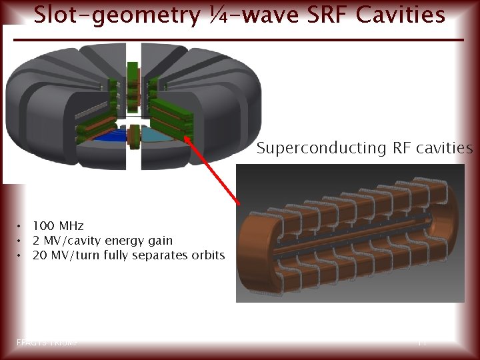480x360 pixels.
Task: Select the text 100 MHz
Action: (x=58, y=226)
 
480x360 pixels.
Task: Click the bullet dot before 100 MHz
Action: (x=21, y=226)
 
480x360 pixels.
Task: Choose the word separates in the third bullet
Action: (x=163, y=255)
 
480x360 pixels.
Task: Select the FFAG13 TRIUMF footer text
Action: (x=47, y=342)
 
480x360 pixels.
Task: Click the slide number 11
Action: (x=421, y=342)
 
